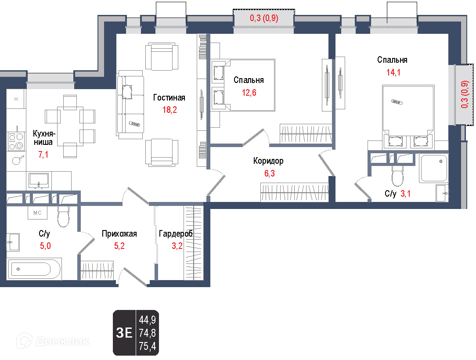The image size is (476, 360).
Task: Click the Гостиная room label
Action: click(169, 97)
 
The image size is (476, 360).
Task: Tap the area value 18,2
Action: click(169, 110)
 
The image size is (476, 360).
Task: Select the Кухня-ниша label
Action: click(43, 138)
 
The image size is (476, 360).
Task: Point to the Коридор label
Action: click(268, 161)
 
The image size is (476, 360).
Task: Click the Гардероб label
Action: click(176, 234)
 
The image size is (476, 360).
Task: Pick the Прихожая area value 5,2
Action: click(119, 245)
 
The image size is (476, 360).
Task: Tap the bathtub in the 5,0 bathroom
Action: click(34, 269)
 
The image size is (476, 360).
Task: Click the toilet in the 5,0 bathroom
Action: click(63, 216)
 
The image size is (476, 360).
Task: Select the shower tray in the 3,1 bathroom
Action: click(433, 168)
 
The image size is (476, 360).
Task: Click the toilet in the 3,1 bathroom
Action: click(397, 176)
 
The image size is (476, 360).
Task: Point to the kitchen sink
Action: click(39, 180)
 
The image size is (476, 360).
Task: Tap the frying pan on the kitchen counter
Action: click(18, 160)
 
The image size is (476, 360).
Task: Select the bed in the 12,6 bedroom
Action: click(243, 85)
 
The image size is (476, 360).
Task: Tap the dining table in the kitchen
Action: click(70, 126)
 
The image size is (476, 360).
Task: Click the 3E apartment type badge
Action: click(124, 333)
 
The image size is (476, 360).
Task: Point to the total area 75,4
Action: click(147, 346)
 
